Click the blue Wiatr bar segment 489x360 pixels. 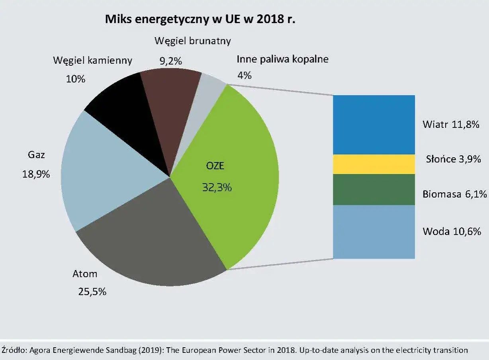[x=374, y=124]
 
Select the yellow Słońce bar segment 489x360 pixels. [x=374, y=164]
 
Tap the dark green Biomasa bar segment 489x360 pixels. [x=374, y=190]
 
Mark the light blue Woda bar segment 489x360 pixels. [x=374, y=232]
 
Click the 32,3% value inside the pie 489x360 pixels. [x=217, y=187]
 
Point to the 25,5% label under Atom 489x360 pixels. [x=92, y=292]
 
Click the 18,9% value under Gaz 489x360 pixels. [x=36, y=174]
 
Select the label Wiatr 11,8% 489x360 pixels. [x=450, y=124]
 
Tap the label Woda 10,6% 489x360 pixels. [x=452, y=231]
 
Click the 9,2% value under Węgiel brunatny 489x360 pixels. [x=170, y=61]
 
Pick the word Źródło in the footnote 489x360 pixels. [x=13, y=350]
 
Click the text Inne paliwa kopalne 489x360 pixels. [x=282, y=60]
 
